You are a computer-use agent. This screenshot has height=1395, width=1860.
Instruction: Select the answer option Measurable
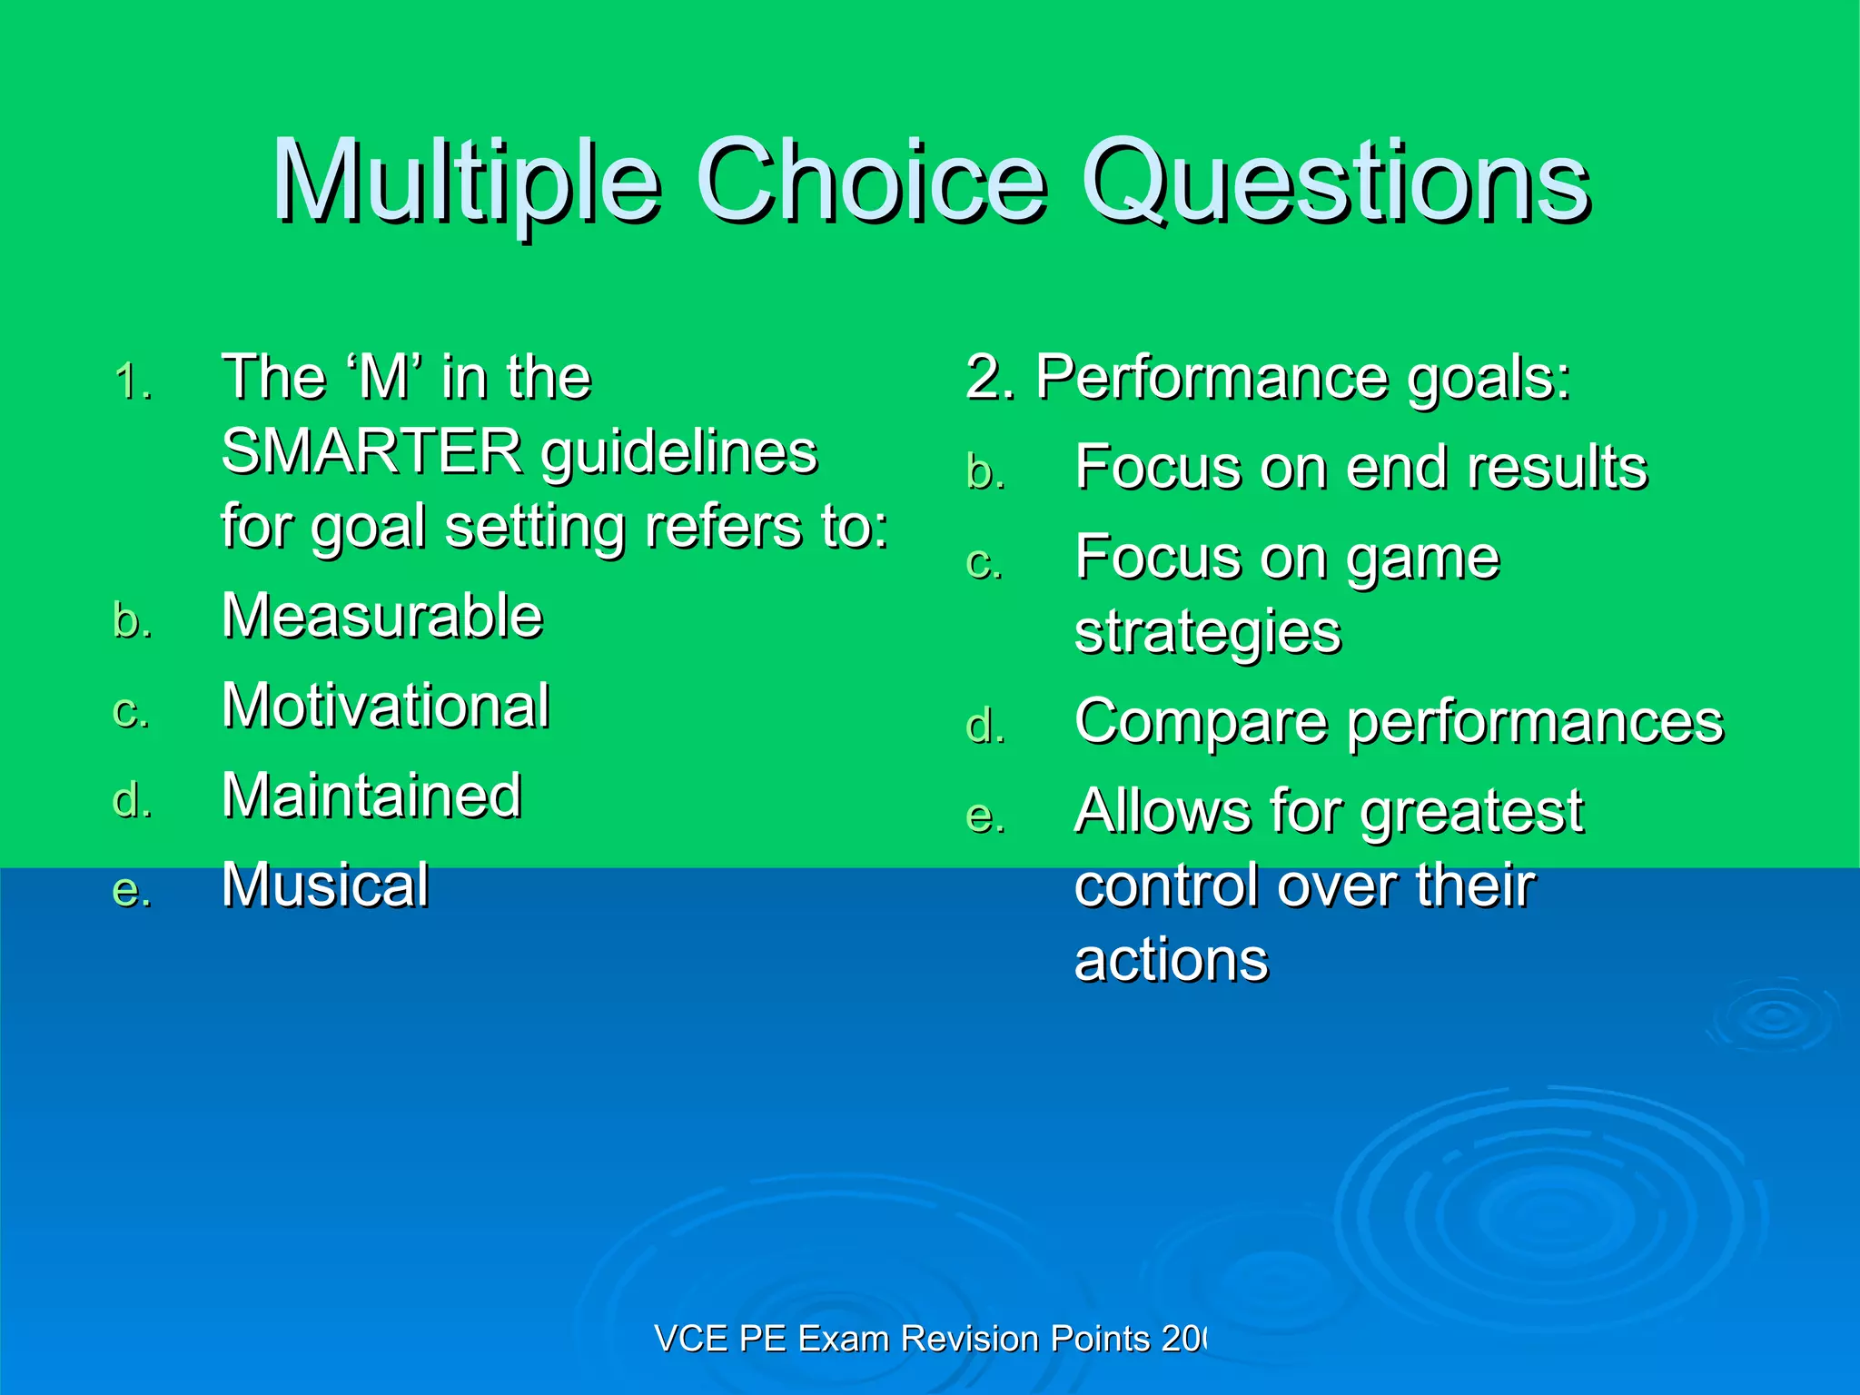[381, 616]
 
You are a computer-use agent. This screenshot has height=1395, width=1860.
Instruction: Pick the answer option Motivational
[385, 706]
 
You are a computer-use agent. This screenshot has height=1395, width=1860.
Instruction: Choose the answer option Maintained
[371, 796]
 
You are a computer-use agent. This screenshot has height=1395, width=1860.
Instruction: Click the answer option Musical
[325, 885]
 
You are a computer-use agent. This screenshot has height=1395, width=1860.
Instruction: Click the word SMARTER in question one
[371, 451]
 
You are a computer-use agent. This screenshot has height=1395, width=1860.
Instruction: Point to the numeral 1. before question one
[133, 381]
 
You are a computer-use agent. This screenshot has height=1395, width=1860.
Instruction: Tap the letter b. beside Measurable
[133, 621]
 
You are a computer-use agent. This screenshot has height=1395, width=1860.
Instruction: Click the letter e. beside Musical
[133, 890]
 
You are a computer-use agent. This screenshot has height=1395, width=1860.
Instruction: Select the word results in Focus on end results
[1557, 468]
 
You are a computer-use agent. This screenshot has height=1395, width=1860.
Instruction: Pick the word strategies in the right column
[1207, 632]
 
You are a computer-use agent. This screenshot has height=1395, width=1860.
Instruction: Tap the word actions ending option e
[1171, 960]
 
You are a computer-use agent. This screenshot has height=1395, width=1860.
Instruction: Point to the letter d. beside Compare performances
[985, 727]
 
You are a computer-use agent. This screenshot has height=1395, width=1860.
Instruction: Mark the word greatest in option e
[1471, 811]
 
